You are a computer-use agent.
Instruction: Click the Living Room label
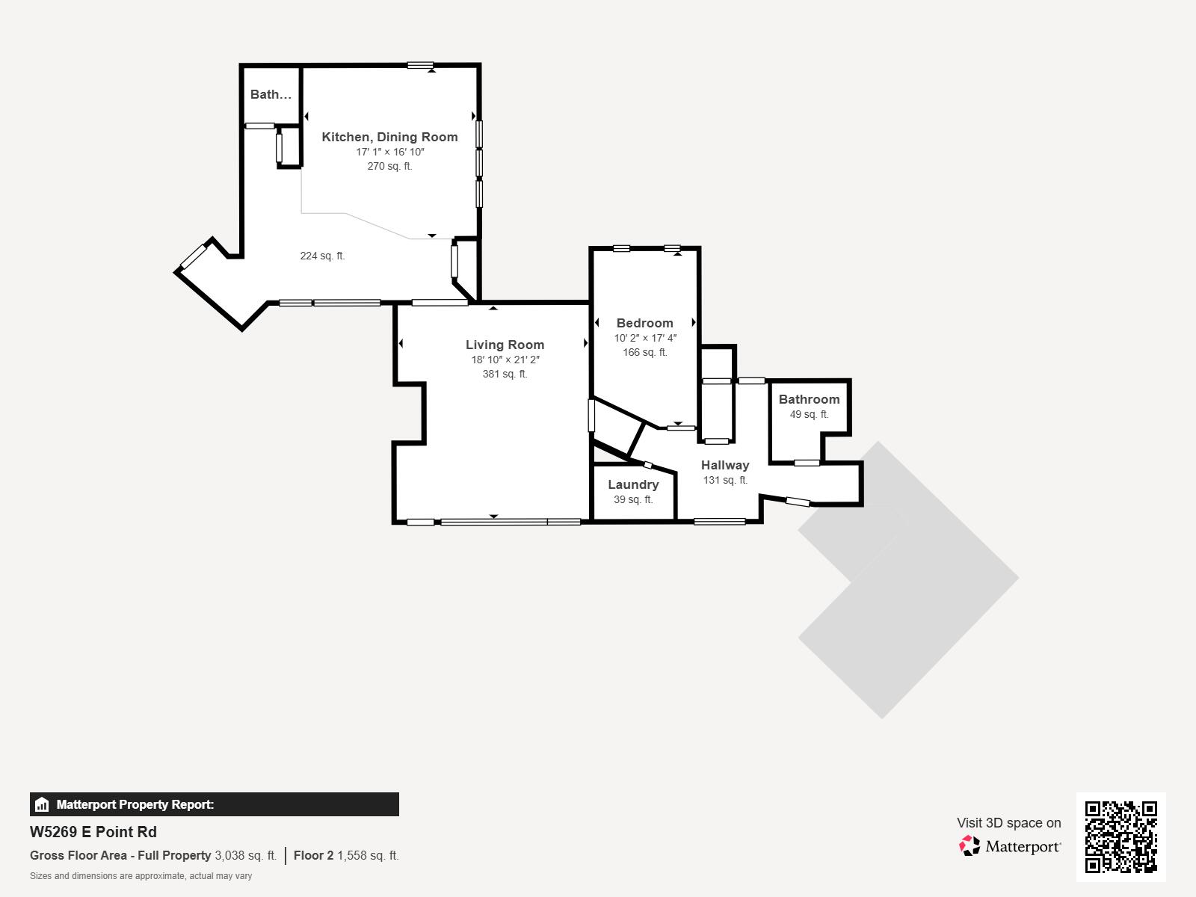505,345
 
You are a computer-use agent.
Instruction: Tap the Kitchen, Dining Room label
389,137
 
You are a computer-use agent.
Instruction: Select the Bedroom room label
644,323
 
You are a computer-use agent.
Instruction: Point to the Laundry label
633,484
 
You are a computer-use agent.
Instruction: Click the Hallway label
724,465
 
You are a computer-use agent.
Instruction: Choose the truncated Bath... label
271,94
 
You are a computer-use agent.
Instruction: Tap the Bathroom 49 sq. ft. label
809,407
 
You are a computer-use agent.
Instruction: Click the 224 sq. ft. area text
323,256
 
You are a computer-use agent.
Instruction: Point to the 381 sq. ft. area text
505,374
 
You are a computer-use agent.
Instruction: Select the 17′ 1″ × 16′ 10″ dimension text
390,152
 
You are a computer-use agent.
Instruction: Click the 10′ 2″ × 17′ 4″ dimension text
645,338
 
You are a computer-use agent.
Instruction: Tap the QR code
1121,837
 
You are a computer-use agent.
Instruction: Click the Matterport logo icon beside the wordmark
970,846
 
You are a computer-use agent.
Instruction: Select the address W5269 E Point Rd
93,832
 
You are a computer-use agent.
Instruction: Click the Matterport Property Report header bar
214,804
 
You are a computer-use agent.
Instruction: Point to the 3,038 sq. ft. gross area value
246,855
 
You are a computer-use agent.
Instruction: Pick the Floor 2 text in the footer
313,855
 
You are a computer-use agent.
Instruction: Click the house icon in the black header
42,804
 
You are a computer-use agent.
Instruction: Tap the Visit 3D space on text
1009,823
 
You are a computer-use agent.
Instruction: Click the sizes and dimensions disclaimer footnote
141,876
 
